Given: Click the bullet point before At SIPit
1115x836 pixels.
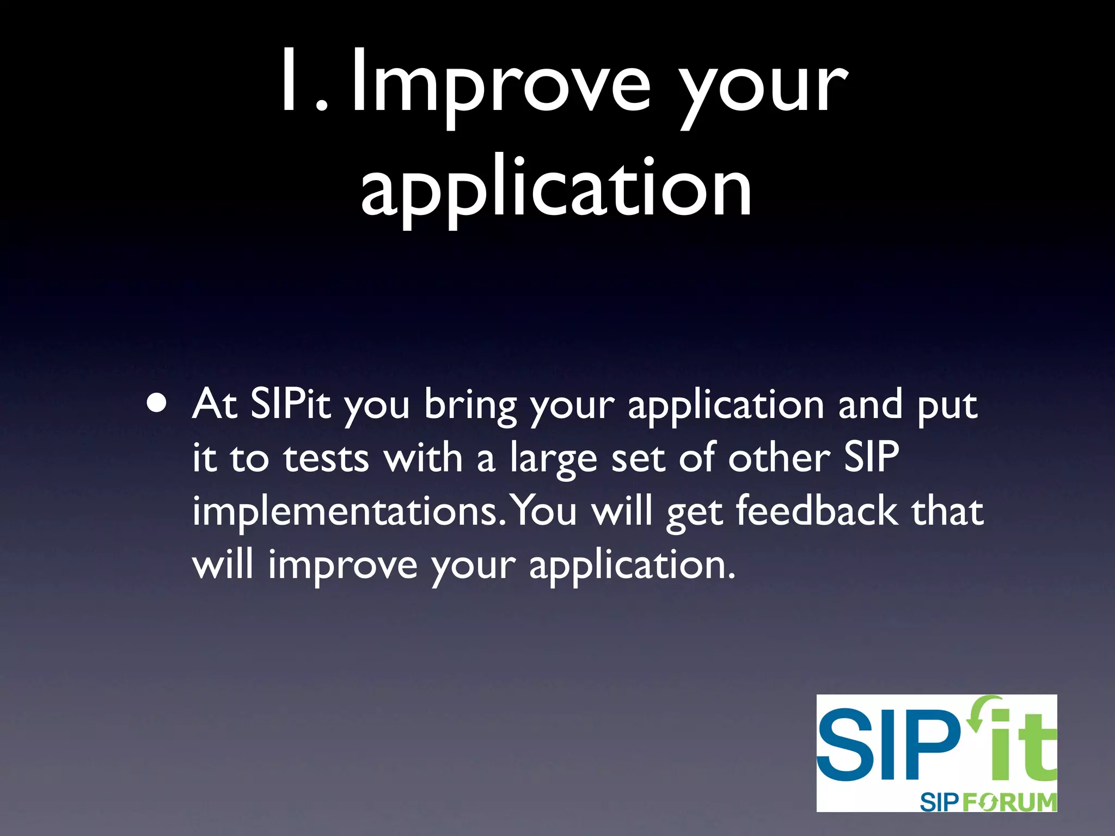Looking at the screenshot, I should click(x=157, y=403).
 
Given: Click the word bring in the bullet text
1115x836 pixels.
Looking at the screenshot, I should click(x=470, y=406).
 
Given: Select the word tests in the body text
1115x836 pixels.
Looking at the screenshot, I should click(x=326, y=458).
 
